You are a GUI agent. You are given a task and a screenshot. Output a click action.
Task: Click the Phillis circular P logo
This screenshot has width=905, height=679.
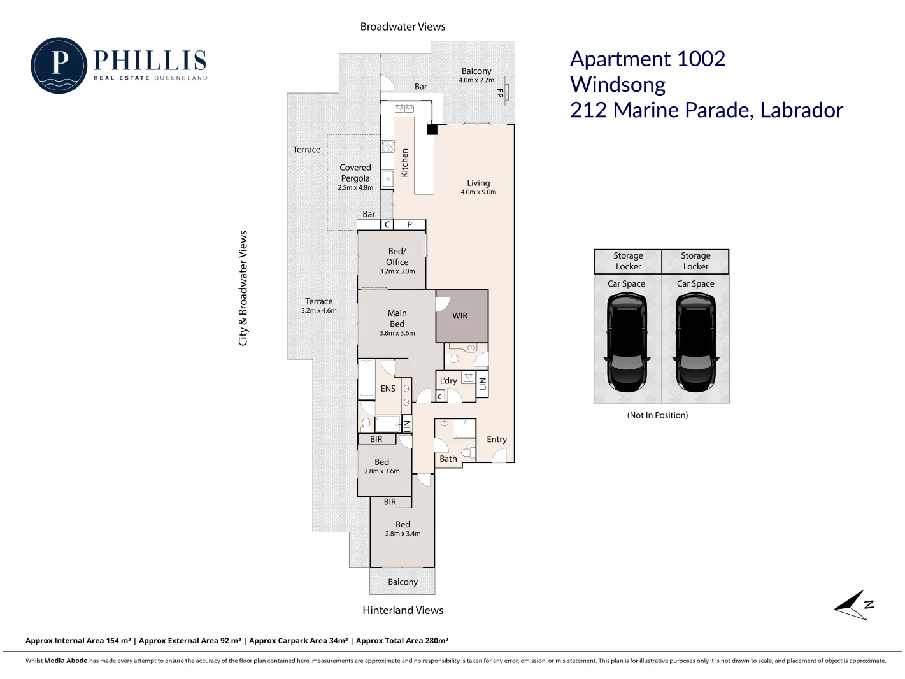pos(59,66)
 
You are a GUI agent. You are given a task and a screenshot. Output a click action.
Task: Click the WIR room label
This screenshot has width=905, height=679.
pos(460,316)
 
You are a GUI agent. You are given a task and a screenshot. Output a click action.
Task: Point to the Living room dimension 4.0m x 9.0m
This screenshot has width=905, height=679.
pos(478,192)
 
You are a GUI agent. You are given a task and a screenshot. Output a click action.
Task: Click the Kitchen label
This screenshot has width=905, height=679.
pos(404,162)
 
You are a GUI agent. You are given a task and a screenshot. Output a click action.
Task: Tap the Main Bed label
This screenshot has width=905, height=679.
pos(397,318)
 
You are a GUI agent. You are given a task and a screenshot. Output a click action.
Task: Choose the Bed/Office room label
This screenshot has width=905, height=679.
pos(397,257)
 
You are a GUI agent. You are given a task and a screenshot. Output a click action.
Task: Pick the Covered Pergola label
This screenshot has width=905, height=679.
pos(355,173)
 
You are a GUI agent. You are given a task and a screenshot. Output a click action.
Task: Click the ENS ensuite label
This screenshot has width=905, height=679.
pos(388,389)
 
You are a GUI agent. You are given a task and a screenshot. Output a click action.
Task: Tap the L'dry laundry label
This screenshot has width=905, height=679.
pos(448,381)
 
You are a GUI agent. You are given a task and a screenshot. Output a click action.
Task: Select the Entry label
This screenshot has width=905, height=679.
pos(497,440)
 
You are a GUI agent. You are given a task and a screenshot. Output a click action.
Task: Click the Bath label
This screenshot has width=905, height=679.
pos(448,459)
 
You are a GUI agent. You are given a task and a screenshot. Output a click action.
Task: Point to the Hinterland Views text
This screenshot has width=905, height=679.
pos(403,610)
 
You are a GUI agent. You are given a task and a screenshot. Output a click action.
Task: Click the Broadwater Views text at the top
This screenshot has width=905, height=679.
pos(403,27)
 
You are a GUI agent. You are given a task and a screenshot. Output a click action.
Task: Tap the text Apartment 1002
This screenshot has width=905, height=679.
pos(648,59)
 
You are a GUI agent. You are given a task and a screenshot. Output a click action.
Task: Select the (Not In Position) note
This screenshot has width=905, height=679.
pos(657,415)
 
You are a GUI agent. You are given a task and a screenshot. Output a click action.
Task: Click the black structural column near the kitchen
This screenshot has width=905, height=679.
pos(432,129)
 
